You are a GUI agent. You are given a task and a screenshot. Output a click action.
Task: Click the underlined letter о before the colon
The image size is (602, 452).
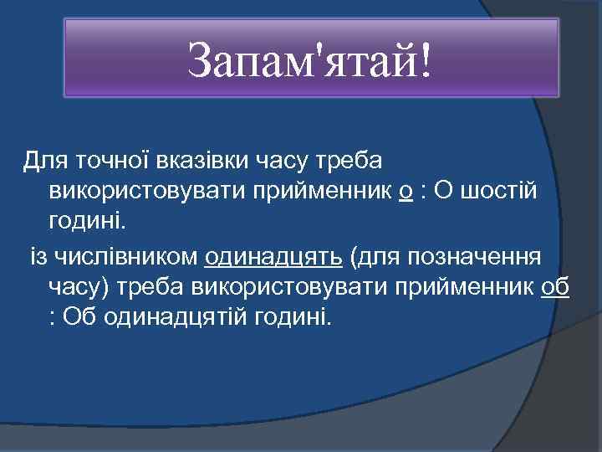[406, 192]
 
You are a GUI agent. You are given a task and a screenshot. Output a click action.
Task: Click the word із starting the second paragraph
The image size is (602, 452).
[40, 255]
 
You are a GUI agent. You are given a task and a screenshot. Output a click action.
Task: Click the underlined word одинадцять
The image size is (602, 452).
[273, 255]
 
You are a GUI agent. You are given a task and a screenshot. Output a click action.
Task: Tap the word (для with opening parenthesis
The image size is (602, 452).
[376, 255]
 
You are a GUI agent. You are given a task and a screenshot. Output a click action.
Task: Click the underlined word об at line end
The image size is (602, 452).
[555, 287]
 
